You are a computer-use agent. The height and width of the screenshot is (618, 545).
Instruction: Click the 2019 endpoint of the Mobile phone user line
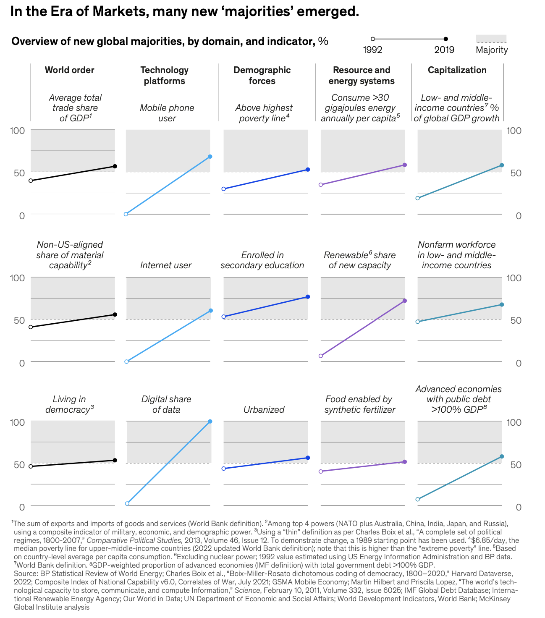[x=210, y=157]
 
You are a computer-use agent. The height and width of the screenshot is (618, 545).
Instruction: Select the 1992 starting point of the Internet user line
[x=126, y=361]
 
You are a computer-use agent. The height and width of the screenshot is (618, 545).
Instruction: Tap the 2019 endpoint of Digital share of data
[x=210, y=422]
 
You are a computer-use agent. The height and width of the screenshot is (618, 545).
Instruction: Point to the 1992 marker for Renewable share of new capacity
[x=321, y=356]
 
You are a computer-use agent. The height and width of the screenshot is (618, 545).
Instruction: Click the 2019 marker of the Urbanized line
[x=308, y=458]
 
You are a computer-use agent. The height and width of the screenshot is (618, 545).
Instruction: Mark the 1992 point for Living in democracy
[x=31, y=466]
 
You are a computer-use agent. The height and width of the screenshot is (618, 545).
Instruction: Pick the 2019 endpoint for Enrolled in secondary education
[x=308, y=297]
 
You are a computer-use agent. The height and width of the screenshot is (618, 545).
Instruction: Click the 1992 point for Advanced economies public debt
[x=418, y=499]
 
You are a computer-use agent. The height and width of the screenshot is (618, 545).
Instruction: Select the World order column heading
[x=69, y=70]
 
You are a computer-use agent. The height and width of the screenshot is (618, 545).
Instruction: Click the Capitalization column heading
[x=457, y=70]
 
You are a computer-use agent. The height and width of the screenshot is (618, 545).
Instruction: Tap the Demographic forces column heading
[x=262, y=76]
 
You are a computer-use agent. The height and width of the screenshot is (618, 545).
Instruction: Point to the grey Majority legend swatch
[x=491, y=39]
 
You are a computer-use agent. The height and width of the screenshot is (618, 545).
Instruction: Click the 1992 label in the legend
[x=372, y=50]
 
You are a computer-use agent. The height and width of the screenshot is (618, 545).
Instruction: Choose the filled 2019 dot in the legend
[x=446, y=39]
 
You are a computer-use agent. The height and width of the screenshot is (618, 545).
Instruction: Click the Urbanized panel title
[x=264, y=409]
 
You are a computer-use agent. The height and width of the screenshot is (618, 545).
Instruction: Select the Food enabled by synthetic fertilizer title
[x=359, y=404]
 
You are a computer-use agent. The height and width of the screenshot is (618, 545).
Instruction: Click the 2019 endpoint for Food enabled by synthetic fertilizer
[x=405, y=462]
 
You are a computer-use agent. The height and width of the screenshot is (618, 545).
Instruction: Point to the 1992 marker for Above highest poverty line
[x=224, y=189]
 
